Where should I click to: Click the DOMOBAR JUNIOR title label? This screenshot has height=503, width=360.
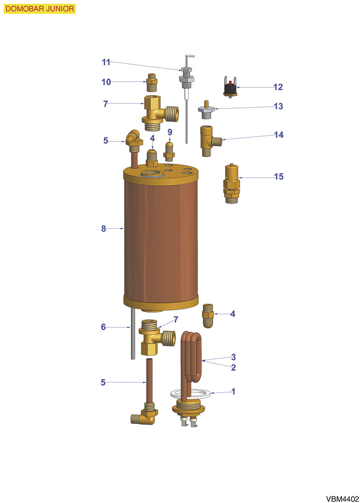(x=40, y=9)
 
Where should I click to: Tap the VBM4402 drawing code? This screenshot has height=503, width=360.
(x=342, y=498)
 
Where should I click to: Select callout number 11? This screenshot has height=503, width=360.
(x=106, y=62)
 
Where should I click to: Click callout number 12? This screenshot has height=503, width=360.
(x=278, y=87)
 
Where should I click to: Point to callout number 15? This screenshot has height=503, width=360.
(x=279, y=176)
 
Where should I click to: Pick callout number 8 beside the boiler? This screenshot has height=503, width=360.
(x=103, y=228)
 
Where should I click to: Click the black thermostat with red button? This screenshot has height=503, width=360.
(x=230, y=87)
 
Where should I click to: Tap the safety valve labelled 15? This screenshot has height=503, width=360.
(x=231, y=183)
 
